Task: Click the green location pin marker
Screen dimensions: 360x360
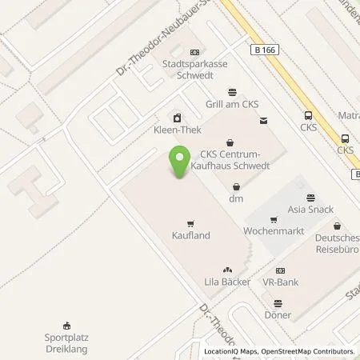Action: click(179, 165)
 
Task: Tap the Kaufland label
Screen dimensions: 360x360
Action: click(190, 236)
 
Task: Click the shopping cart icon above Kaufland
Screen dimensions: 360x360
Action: click(190, 223)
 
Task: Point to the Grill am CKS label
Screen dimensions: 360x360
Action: click(232, 104)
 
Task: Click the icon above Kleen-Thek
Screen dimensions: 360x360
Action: click(177, 115)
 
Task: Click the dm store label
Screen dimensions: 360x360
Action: click(236, 198)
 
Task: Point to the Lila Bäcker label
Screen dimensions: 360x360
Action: click(227, 282)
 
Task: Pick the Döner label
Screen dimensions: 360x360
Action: click(278, 315)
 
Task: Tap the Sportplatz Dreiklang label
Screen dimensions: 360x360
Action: click(66, 344)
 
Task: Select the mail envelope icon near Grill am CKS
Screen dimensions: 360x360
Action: click(264, 121)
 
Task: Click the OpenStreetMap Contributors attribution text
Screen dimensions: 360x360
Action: click(311, 351)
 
